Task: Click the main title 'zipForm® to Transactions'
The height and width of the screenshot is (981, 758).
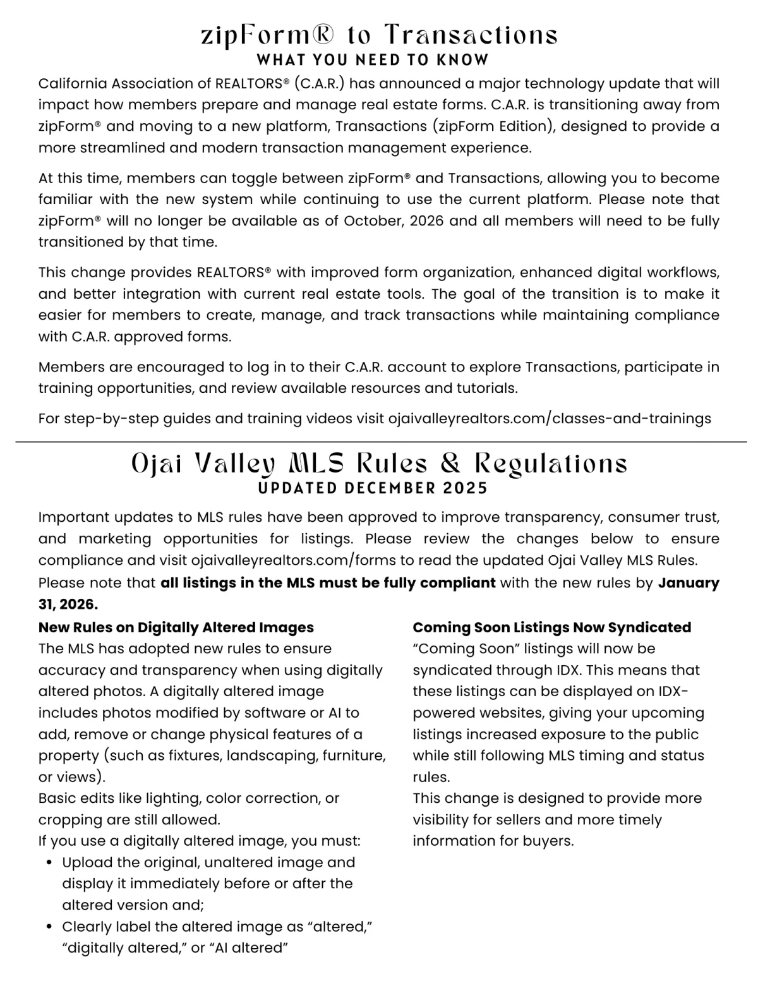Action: pyautogui.click(x=379, y=35)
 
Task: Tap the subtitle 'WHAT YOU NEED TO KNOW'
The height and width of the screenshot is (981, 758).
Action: pyautogui.click(x=373, y=60)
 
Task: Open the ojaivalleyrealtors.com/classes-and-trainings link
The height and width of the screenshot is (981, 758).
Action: pyautogui.click(x=550, y=418)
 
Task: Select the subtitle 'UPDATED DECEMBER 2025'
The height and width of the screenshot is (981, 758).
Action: pyautogui.click(x=373, y=488)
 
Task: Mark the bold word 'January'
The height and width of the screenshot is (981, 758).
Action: pyautogui.click(x=689, y=582)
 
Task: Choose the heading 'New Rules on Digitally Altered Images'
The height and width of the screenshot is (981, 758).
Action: pyautogui.click(x=176, y=627)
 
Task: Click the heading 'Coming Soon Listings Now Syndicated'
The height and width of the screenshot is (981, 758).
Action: pyautogui.click(x=551, y=627)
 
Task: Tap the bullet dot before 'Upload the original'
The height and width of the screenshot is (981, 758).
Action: pyautogui.click(x=49, y=863)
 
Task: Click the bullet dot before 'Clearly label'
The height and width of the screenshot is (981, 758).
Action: pyautogui.click(x=49, y=927)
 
